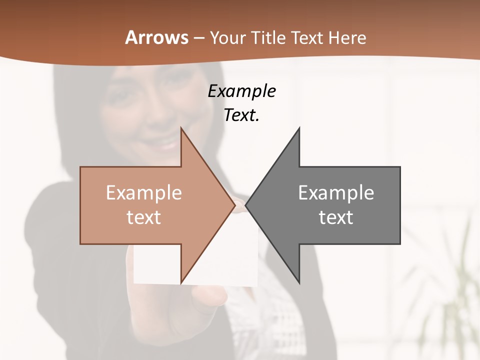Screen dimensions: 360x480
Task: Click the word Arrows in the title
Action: click(x=157, y=37)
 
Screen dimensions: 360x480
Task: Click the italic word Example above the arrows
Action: click(x=242, y=91)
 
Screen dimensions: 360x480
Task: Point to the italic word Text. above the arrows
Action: click(x=242, y=115)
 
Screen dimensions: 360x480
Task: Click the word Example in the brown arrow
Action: click(x=144, y=193)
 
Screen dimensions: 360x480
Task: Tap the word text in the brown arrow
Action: click(x=144, y=217)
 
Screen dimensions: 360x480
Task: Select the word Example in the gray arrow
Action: click(x=336, y=193)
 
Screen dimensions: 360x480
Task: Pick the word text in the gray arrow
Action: click(x=336, y=217)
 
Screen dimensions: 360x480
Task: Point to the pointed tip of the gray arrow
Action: click(x=246, y=205)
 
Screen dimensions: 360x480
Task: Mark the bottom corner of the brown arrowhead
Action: click(x=181, y=282)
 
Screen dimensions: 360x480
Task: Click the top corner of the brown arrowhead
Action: click(x=181, y=128)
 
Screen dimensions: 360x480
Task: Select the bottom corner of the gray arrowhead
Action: click(x=299, y=282)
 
